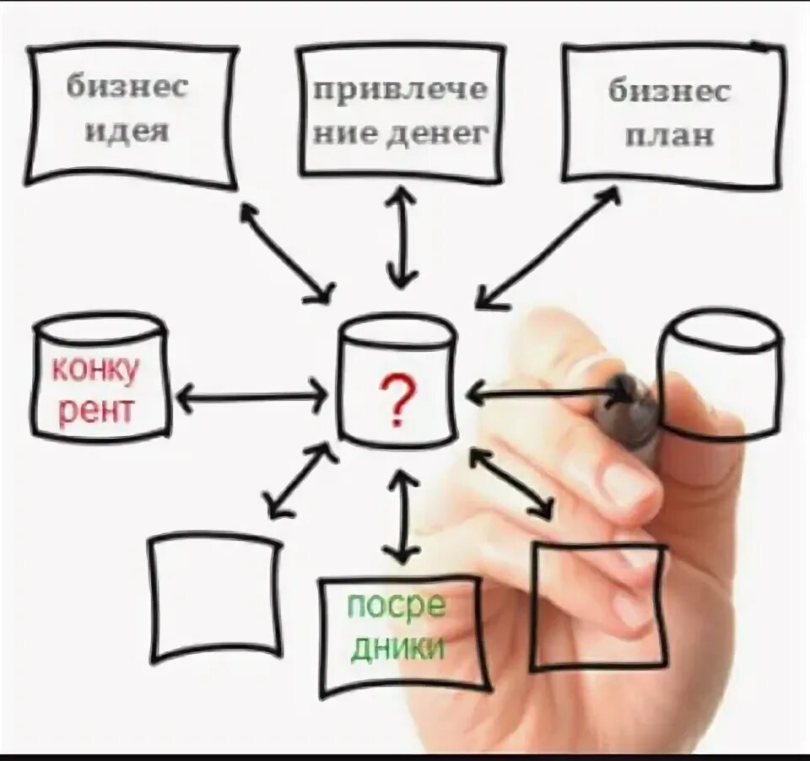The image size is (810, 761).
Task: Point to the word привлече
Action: click(x=401, y=91)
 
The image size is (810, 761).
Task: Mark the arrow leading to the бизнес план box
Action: click(x=548, y=246)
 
